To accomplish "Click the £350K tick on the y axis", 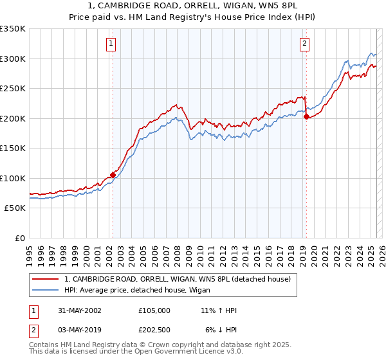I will pyautogui.click(x=13, y=29).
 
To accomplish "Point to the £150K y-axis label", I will pyautogui.click(x=13, y=148).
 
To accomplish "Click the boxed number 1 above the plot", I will pyautogui.click(x=111, y=44).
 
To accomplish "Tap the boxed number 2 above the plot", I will pyautogui.click(x=304, y=44).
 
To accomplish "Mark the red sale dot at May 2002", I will pyautogui.click(x=113, y=174).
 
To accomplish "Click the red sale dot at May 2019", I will pyautogui.click(x=306, y=117).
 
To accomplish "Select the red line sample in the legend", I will pyautogui.click(x=45, y=280).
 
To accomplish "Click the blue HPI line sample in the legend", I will pyautogui.click(x=45, y=289).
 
